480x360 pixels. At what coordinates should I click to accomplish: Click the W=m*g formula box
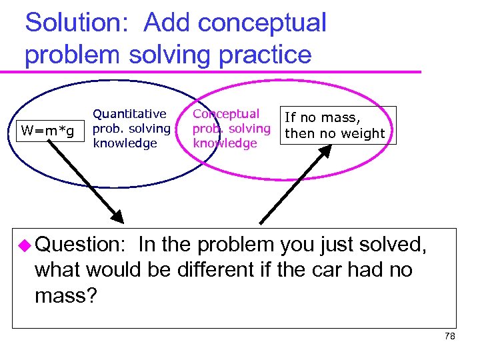tap(48, 127)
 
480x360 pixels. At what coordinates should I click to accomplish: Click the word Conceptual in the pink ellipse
tap(226, 114)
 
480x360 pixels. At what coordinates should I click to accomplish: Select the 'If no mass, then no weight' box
tap(335, 125)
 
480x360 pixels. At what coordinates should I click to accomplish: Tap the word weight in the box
tap(361, 133)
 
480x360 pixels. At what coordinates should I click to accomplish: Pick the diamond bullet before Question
tap(27, 245)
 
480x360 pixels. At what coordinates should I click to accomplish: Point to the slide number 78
tap(450, 337)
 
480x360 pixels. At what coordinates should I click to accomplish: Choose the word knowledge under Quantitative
tap(125, 143)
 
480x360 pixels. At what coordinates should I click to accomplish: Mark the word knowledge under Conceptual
tap(225, 143)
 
